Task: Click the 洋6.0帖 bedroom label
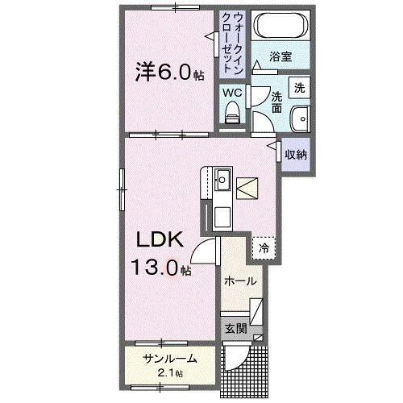point(169,73)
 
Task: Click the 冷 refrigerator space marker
point(263,248)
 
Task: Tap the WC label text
point(232,93)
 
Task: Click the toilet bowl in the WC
point(233,114)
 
